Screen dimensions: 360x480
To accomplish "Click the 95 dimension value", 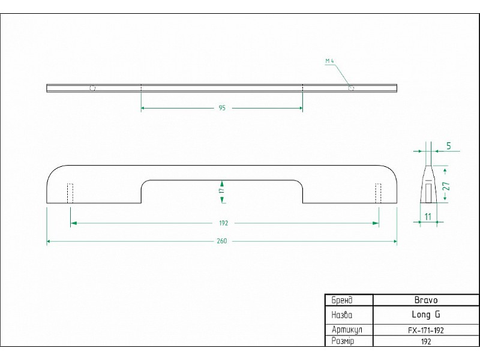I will click(222, 108).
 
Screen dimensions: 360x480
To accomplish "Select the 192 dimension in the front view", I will click(224, 223).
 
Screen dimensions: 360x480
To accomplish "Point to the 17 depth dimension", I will click(221, 190).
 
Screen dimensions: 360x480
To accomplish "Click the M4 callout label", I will click(329, 61).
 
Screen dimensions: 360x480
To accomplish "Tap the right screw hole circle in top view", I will click(351, 88).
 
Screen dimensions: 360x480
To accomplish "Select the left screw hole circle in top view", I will click(92, 88).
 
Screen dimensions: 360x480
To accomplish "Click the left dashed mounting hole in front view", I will click(70, 193).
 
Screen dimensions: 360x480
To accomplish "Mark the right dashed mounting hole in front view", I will click(378, 193).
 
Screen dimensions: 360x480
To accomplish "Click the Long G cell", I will click(426, 314).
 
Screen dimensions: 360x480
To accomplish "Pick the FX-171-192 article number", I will click(426, 330).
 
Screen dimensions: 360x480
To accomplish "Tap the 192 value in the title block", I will click(426, 341).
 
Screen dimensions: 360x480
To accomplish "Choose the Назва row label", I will click(342, 314).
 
